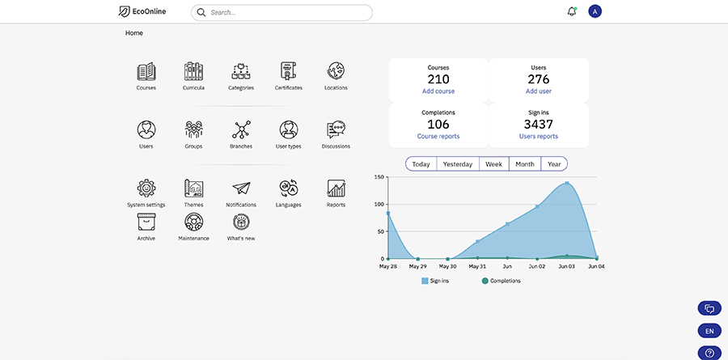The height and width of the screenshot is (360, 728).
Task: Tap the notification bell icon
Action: (x=572, y=11)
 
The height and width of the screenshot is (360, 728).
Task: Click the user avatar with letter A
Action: (x=595, y=11)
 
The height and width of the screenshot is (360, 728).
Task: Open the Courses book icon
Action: (x=146, y=71)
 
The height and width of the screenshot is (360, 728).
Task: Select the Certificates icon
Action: (x=288, y=71)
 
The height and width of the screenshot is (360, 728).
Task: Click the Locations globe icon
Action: (x=336, y=71)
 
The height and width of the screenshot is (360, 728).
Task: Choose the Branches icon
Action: (x=241, y=130)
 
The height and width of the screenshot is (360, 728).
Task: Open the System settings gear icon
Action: (x=146, y=188)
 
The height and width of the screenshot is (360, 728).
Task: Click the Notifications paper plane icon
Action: (x=241, y=188)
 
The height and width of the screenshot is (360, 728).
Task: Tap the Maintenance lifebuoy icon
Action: (x=193, y=222)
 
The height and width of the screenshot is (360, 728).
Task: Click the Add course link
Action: (x=438, y=91)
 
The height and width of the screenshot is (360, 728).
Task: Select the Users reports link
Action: (x=538, y=136)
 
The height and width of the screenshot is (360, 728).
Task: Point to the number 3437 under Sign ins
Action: (x=538, y=124)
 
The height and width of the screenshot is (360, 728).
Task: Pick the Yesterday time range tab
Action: (x=458, y=164)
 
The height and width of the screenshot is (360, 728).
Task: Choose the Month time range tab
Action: (x=525, y=164)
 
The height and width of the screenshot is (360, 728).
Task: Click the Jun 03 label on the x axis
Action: (x=567, y=265)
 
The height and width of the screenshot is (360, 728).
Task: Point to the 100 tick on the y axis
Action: (x=378, y=204)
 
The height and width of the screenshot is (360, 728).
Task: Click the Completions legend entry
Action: (x=501, y=281)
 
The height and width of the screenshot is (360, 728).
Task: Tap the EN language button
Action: (x=709, y=331)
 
